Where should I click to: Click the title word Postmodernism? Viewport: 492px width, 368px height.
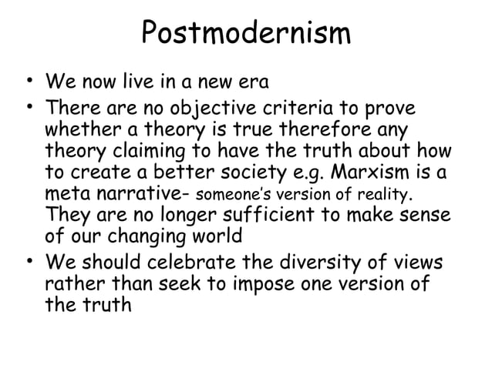click(246, 34)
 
